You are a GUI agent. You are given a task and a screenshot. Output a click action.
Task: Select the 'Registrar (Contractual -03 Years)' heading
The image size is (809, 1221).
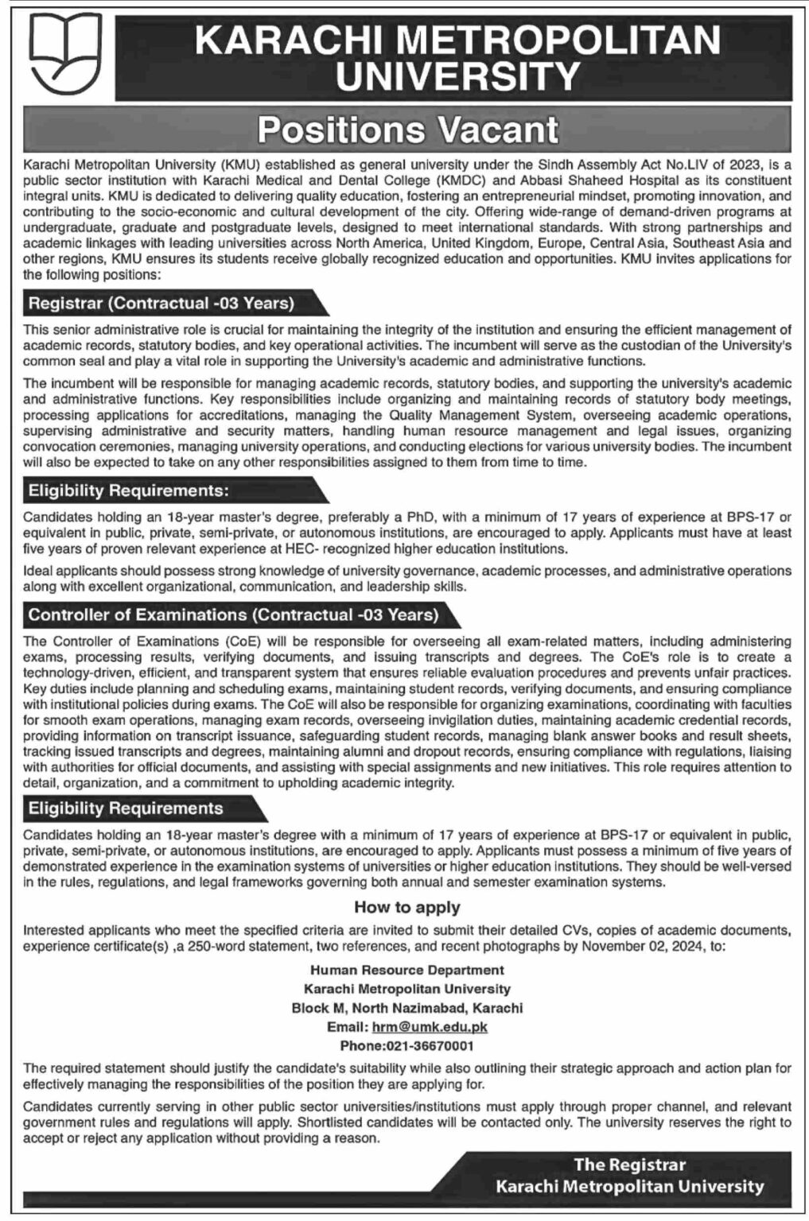tap(161, 303)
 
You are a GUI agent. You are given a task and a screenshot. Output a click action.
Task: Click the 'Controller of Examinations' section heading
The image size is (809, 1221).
tap(233, 614)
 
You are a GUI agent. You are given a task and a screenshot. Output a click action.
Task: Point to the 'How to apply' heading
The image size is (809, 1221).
tap(407, 907)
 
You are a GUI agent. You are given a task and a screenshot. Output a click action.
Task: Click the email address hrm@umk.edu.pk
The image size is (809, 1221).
tap(437, 1026)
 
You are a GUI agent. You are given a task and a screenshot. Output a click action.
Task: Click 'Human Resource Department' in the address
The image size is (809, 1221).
tap(407, 970)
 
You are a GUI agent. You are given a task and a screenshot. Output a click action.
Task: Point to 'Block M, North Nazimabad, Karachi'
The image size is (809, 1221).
tap(407, 1007)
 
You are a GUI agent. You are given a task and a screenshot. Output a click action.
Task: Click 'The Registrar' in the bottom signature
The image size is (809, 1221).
tap(629, 1165)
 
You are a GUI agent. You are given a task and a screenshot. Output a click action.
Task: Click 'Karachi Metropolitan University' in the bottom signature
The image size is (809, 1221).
tap(629, 1187)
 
